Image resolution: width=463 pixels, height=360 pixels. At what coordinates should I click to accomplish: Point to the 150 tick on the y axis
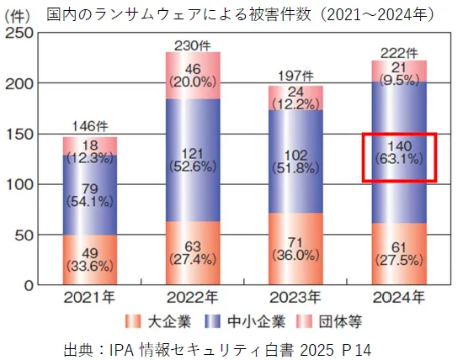pyautogui.click(x=22, y=134)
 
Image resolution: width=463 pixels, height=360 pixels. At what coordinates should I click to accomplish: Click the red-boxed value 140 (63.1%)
pyautogui.click(x=399, y=156)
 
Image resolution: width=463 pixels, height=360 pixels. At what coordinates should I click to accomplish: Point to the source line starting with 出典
pyautogui.click(x=217, y=347)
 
